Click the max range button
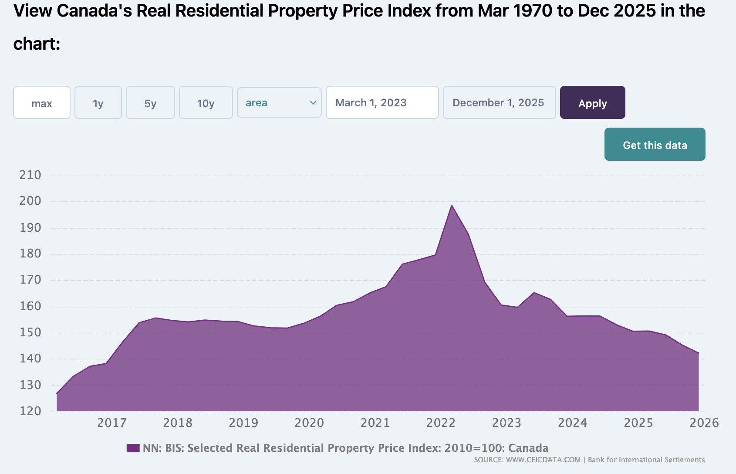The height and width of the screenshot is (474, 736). (x=42, y=103)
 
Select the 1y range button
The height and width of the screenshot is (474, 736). (x=98, y=103)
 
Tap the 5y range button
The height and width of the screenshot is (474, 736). (x=150, y=103)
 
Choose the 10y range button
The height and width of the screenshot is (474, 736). (x=206, y=103)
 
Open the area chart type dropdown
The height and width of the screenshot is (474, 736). (x=279, y=103)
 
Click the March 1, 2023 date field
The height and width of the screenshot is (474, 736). (x=382, y=103)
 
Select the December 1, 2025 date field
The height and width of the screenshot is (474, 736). (x=499, y=103)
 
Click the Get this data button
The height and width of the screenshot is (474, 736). (x=655, y=145)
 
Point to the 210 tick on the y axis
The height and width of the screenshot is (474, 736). (x=30, y=175)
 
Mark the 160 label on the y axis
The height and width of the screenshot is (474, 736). (x=30, y=306)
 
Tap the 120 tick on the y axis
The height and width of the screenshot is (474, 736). (x=30, y=411)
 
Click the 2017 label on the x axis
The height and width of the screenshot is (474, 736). (x=112, y=423)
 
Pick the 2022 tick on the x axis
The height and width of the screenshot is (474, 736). (x=441, y=423)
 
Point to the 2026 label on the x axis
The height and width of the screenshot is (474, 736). (x=704, y=423)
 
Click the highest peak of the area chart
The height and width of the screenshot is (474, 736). (x=452, y=205)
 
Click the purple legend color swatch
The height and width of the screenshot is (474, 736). (x=133, y=448)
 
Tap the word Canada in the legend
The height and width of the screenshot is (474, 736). (x=528, y=448)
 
